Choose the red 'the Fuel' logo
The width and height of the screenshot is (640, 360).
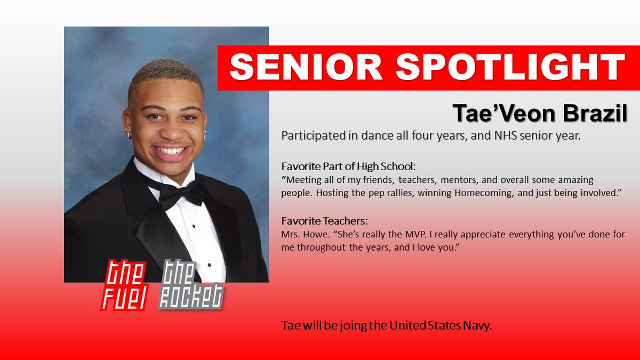click(x=125, y=284)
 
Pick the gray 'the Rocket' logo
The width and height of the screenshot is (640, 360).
click(x=190, y=286)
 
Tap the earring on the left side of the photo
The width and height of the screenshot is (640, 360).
click(x=129, y=134)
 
